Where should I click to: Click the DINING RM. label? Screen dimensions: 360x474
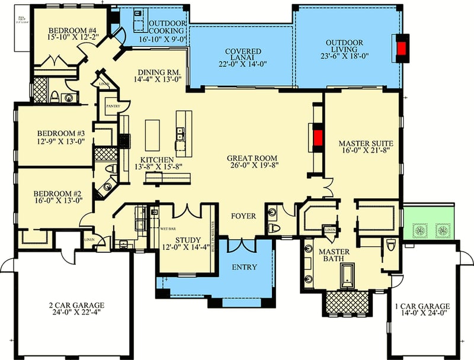(x=155, y=69)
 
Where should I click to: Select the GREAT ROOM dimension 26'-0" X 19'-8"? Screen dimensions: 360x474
(x=252, y=166)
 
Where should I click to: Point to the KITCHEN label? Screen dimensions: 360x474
(x=156, y=160)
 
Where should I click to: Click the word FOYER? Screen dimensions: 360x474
(x=244, y=216)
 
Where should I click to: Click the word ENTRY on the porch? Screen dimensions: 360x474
(x=244, y=267)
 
